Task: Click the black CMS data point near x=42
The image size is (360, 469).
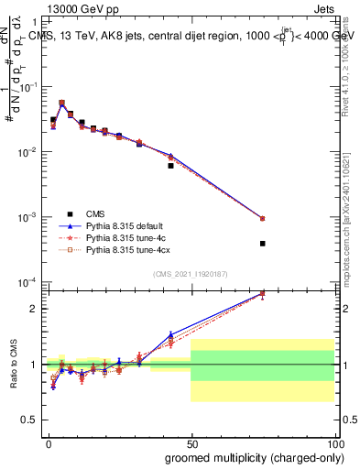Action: pyautogui.click(x=170, y=166)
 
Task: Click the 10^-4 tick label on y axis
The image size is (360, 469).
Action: pyautogui.click(x=30, y=282)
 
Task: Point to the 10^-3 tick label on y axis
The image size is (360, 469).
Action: pyautogui.click(x=30, y=217)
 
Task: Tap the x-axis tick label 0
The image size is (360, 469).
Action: pyautogui.click(x=48, y=442)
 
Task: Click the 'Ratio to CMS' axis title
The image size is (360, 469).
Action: pyautogui.click(x=13, y=363)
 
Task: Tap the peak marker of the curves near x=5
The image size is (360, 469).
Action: pyautogui.click(x=61, y=104)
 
